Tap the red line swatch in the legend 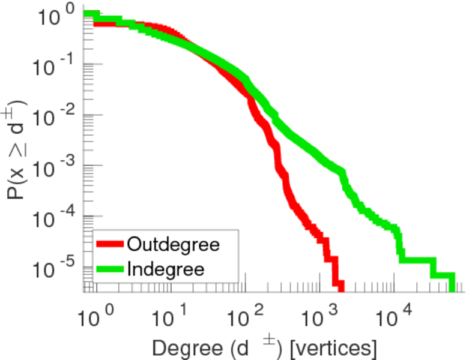tap(110, 244)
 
